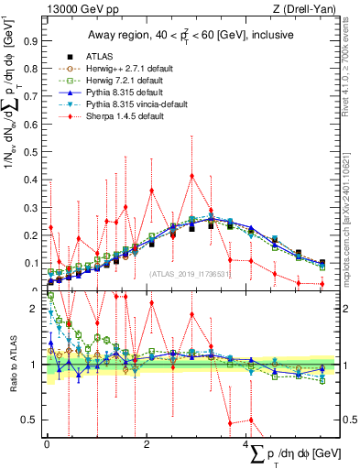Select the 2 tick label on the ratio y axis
pyautogui.click(x=34, y=309)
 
